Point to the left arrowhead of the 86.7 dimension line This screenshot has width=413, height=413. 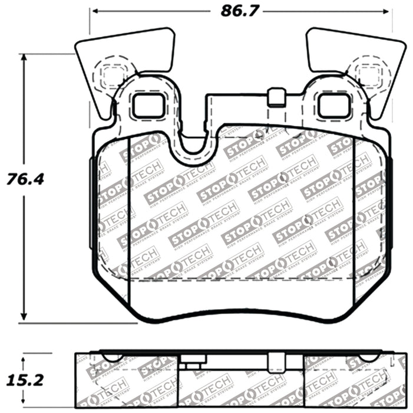[x=93, y=11]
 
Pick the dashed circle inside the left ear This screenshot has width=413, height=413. [x=111, y=73]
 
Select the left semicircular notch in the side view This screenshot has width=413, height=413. [x=112, y=357]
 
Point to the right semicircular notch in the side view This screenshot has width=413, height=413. [x=368, y=357]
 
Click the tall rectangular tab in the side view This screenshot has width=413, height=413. [x=274, y=361]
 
